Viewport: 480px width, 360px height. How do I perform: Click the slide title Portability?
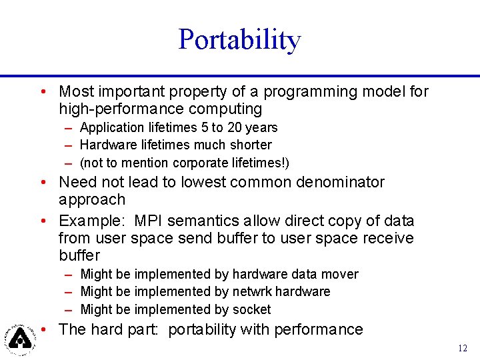coord(239,40)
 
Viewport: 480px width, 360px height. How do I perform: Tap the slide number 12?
coord(463,348)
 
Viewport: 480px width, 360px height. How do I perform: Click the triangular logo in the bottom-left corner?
coord(21,338)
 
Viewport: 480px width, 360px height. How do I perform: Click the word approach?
coord(92,200)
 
